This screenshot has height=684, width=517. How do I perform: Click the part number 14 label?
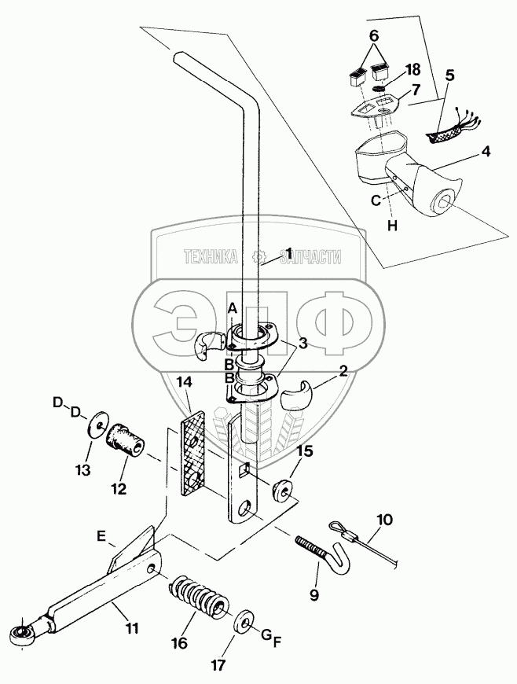(185, 383)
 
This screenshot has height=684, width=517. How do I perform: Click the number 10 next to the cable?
(383, 520)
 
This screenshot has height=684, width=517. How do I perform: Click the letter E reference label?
(101, 536)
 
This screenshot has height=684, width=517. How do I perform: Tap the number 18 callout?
(412, 69)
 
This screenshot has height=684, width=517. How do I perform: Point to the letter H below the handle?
(392, 226)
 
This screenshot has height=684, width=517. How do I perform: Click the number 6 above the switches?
(374, 35)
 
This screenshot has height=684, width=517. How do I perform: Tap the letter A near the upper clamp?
(233, 309)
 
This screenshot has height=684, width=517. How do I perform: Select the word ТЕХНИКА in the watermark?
(211, 256)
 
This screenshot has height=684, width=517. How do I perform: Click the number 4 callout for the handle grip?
(486, 152)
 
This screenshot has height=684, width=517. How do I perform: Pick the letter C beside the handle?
(376, 200)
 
